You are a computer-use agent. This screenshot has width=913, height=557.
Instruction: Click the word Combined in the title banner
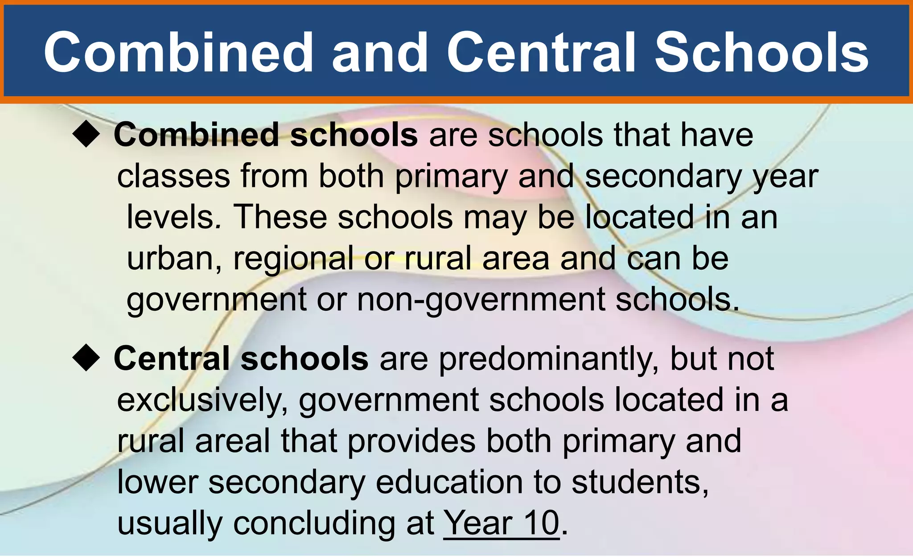point(178,52)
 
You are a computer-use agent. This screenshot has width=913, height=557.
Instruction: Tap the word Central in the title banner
point(540,52)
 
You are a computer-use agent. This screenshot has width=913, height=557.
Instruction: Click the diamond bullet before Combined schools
point(86,135)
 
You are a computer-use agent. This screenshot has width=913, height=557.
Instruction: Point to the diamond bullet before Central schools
point(86,359)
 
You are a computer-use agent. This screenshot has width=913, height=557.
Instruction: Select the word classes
point(173,176)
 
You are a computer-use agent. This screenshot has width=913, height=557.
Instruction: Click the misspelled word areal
point(232,441)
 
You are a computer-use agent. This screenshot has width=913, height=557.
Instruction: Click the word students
point(640,482)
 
